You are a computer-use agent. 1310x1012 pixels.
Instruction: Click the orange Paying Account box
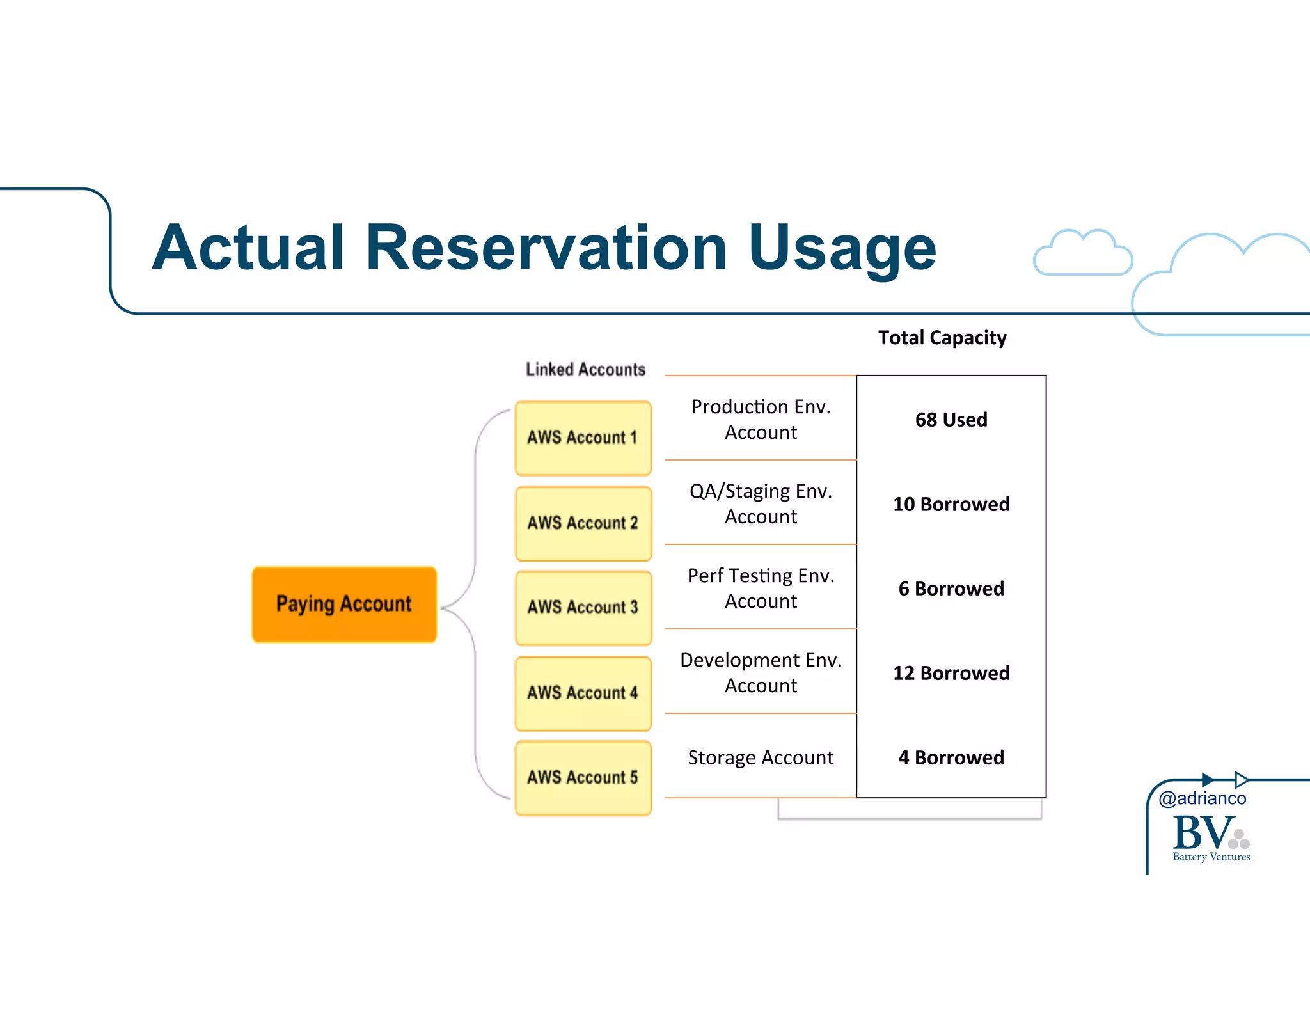click(x=344, y=604)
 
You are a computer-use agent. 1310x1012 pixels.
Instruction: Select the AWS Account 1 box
click(x=583, y=438)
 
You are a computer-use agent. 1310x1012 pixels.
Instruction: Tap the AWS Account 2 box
click(x=583, y=523)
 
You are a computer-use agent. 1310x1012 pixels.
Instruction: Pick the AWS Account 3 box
click(x=583, y=608)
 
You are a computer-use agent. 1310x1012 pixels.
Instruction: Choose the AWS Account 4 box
click(x=583, y=693)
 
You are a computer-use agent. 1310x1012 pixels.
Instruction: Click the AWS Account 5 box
click(x=583, y=777)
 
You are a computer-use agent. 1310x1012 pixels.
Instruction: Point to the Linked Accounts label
click(x=585, y=370)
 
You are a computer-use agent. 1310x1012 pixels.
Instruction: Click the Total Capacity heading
click(x=942, y=338)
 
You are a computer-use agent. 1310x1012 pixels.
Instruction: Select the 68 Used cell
click(x=951, y=420)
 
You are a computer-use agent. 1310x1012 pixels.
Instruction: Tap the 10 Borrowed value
click(x=951, y=504)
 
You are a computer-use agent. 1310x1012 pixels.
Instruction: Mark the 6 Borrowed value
click(x=951, y=589)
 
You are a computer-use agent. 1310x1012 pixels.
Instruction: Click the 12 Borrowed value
click(x=951, y=673)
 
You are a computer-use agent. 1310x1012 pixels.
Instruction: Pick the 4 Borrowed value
click(x=951, y=757)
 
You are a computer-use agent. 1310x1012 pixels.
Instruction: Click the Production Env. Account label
click(x=761, y=419)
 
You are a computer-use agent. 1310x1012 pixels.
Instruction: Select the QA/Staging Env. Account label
click(x=761, y=503)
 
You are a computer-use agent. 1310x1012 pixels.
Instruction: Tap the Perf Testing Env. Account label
click(x=761, y=588)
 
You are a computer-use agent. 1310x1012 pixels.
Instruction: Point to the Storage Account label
click(x=761, y=757)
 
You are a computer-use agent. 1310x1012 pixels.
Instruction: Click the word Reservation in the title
click(x=546, y=248)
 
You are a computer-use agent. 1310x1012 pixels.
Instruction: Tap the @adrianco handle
click(x=1202, y=798)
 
